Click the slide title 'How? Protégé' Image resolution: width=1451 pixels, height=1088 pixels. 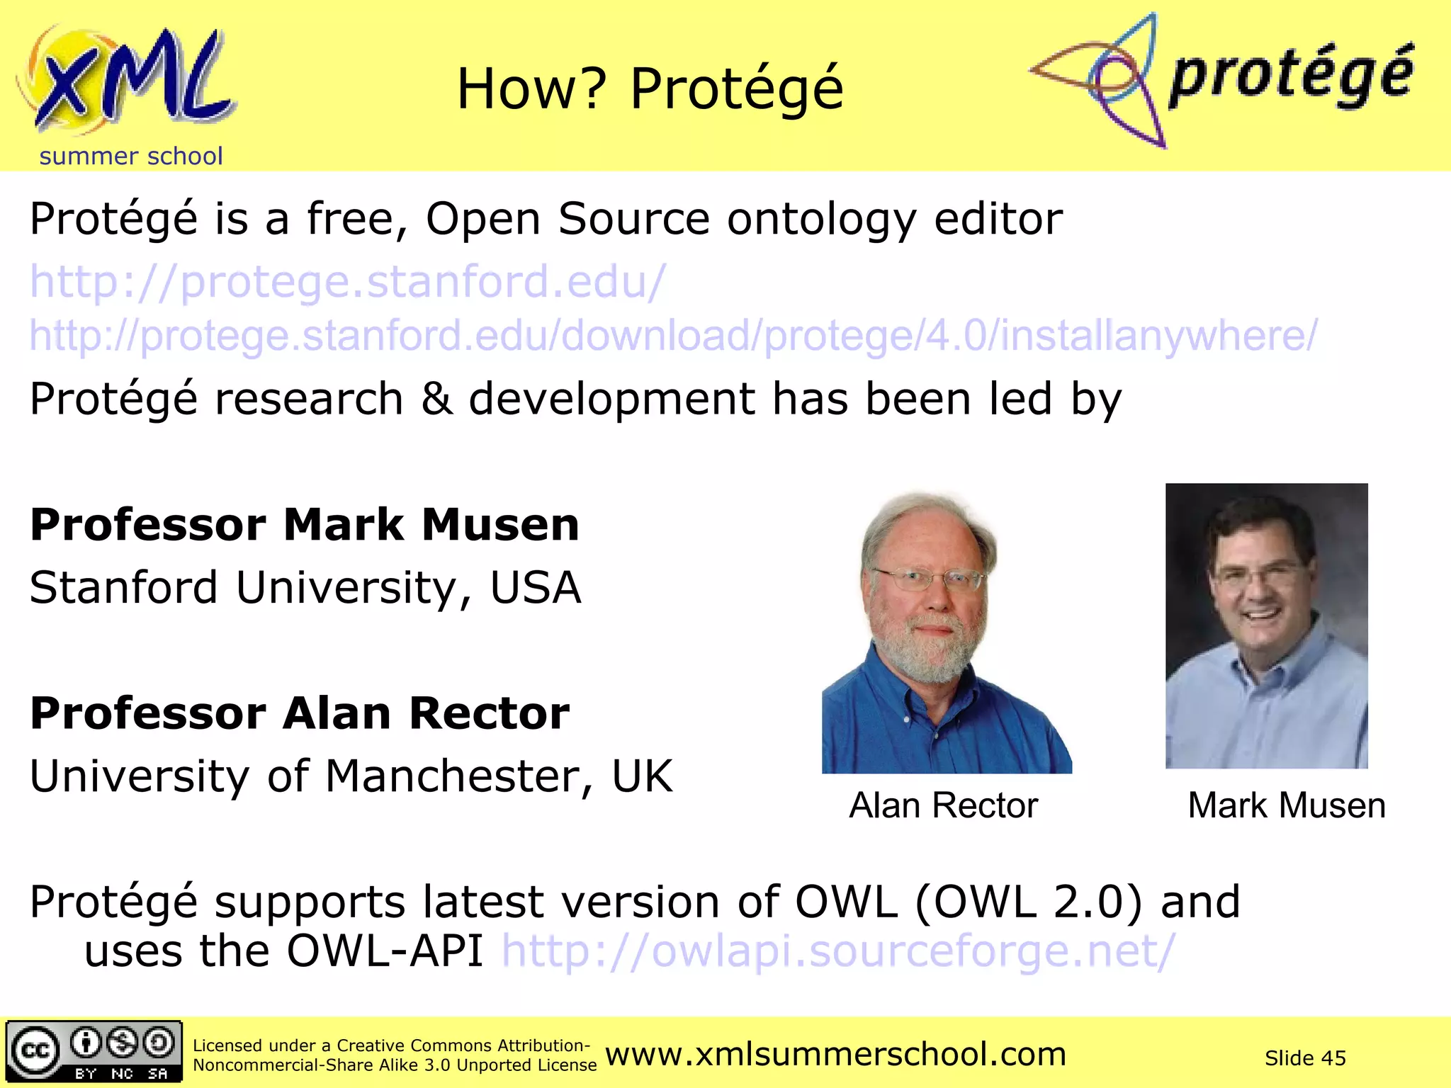point(650,89)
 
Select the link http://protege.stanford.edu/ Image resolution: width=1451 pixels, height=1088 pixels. point(347,282)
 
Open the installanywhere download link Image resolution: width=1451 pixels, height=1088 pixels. point(673,335)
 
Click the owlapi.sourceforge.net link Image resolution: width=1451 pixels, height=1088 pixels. point(838,951)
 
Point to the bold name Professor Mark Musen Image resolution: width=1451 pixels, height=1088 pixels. point(305,525)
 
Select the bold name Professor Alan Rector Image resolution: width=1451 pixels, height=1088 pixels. point(300,713)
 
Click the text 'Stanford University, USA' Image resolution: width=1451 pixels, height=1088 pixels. point(305,588)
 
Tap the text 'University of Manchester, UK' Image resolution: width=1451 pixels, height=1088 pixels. point(351,776)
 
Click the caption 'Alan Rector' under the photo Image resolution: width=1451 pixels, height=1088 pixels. point(943,805)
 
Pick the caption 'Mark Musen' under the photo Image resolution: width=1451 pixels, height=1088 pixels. point(1286,805)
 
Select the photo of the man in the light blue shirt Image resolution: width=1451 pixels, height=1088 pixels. point(1266,626)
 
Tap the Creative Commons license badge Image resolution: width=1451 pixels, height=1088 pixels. point(94,1051)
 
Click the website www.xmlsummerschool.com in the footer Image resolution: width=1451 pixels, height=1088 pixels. point(835,1055)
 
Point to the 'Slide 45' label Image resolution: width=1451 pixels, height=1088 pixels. point(1304,1058)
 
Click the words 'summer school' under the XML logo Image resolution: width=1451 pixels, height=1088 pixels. point(131,156)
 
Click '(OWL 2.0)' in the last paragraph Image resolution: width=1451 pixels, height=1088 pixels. point(1029,902)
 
